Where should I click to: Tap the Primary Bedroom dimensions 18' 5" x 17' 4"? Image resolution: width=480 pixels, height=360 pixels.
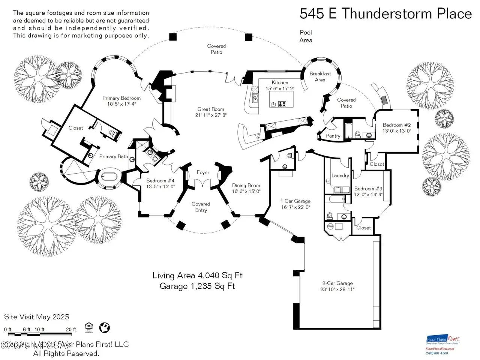[121, 104]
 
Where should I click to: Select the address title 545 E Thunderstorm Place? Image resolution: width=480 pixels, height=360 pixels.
[385, 14]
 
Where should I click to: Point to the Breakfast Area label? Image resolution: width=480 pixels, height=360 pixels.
[320, 76]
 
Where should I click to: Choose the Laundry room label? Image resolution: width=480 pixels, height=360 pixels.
[340, 175]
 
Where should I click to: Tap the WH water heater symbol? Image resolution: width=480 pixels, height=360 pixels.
[330, 226]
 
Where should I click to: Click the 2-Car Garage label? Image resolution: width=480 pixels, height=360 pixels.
[337, 283]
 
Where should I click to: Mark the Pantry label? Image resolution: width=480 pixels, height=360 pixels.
[333, 136]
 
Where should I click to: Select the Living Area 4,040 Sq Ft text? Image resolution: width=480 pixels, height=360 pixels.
[197, 276]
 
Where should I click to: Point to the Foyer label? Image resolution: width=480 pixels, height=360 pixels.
[203, 172]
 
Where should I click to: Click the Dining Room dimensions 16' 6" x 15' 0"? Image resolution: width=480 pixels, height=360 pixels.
[246, 191]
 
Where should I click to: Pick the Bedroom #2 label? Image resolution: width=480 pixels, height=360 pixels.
[397, 125]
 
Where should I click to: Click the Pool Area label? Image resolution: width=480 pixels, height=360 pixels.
[306, 36]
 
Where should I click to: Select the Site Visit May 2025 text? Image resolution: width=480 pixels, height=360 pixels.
[37, 317]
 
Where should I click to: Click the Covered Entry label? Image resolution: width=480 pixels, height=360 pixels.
[201, 207]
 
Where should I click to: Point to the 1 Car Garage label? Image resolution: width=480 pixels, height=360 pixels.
[296, 201]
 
